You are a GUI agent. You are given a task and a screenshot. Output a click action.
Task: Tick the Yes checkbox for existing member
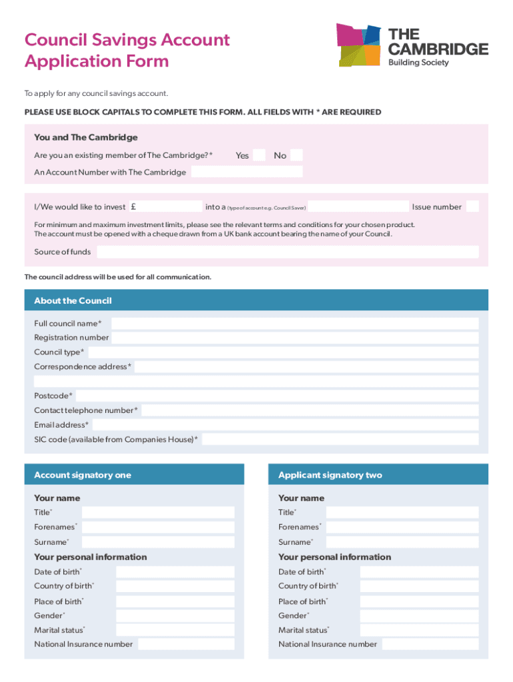pos(259,155)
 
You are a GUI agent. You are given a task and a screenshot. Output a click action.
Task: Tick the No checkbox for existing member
pos(296,155)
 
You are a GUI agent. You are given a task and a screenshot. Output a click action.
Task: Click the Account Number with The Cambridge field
pos(247,172)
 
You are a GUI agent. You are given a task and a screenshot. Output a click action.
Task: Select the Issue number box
pos(472,206)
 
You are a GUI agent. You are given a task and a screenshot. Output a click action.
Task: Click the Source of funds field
pos(287,252)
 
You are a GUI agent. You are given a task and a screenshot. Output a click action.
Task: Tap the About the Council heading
pos(73,300)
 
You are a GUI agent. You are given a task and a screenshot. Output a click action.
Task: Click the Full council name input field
pos(294,324)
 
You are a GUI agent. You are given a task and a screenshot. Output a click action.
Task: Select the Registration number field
pos(294,338)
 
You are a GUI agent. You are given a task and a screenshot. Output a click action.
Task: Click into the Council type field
pos(282,352)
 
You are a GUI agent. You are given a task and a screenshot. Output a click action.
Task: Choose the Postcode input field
pos(277,396)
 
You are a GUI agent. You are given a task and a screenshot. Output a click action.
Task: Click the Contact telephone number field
pos(309,410)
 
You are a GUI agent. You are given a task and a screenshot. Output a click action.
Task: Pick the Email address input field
pos(284,425)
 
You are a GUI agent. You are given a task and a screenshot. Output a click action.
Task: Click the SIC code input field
pos(340,440)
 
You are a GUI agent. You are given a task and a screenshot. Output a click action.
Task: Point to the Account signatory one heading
pos(83,475)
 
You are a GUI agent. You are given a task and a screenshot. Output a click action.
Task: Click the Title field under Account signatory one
pos(158,513)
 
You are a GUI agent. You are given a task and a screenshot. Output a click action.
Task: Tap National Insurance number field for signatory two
pos(430,644)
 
